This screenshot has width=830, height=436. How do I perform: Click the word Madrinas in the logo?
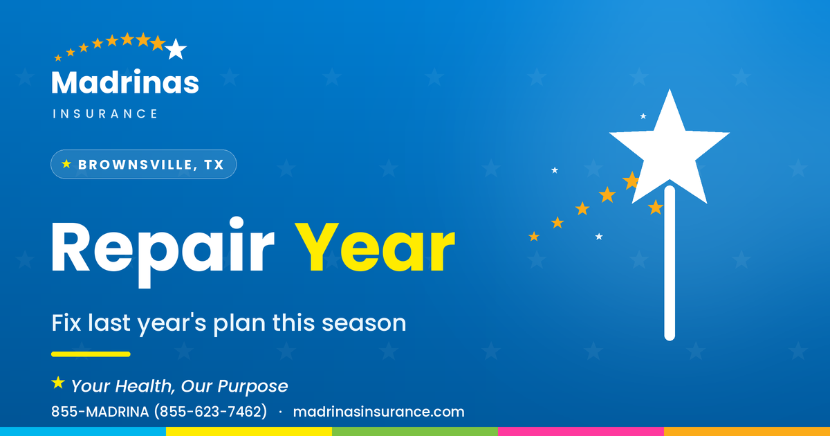pos(125,82)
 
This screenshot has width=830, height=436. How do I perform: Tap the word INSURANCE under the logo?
pos(105,113)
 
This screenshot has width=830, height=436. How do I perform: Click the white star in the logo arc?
pos(176,49)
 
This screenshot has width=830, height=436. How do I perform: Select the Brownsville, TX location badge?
pos(143,164)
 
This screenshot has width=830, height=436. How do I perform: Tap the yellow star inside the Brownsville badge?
pos(66,164)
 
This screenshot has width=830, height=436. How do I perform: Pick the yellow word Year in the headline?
pos(375,247)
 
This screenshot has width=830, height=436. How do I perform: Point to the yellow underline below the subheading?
pos(91,354)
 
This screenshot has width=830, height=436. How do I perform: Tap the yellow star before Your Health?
pos(58,383)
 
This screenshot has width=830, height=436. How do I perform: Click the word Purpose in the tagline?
pos(252,387)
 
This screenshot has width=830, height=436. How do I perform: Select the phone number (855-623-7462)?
pos(210,412)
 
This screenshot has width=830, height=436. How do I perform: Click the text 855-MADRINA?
pos(100,412)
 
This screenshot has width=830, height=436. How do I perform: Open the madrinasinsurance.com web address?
pos(379,412)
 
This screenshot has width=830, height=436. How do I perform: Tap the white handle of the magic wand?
pos(670,263)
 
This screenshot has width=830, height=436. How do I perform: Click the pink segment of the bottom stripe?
pos(581,432)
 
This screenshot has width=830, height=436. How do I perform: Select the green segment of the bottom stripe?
pos(415,432)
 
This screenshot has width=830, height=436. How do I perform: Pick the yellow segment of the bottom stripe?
pos(249,432)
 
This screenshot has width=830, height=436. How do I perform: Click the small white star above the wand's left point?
pos(643,116)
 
